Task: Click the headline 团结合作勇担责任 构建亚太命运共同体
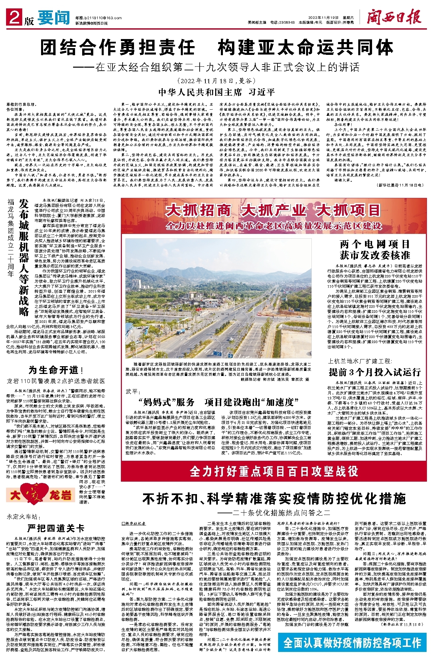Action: pos(216,47)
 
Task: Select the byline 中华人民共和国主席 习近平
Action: pos(216,92)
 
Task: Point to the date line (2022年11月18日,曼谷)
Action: pos(216,81)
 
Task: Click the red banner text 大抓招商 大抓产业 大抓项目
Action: pos(273,211)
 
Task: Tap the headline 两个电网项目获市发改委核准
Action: pos(375,250)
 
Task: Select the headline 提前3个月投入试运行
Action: pos(375,372)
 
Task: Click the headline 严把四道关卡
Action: pos(56,528)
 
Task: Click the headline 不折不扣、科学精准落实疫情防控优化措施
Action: pos(274,498)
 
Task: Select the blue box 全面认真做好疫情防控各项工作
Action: pos(352,643)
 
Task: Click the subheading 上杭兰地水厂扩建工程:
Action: pos(360,361)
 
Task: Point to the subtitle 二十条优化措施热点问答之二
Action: pos(274,513)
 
